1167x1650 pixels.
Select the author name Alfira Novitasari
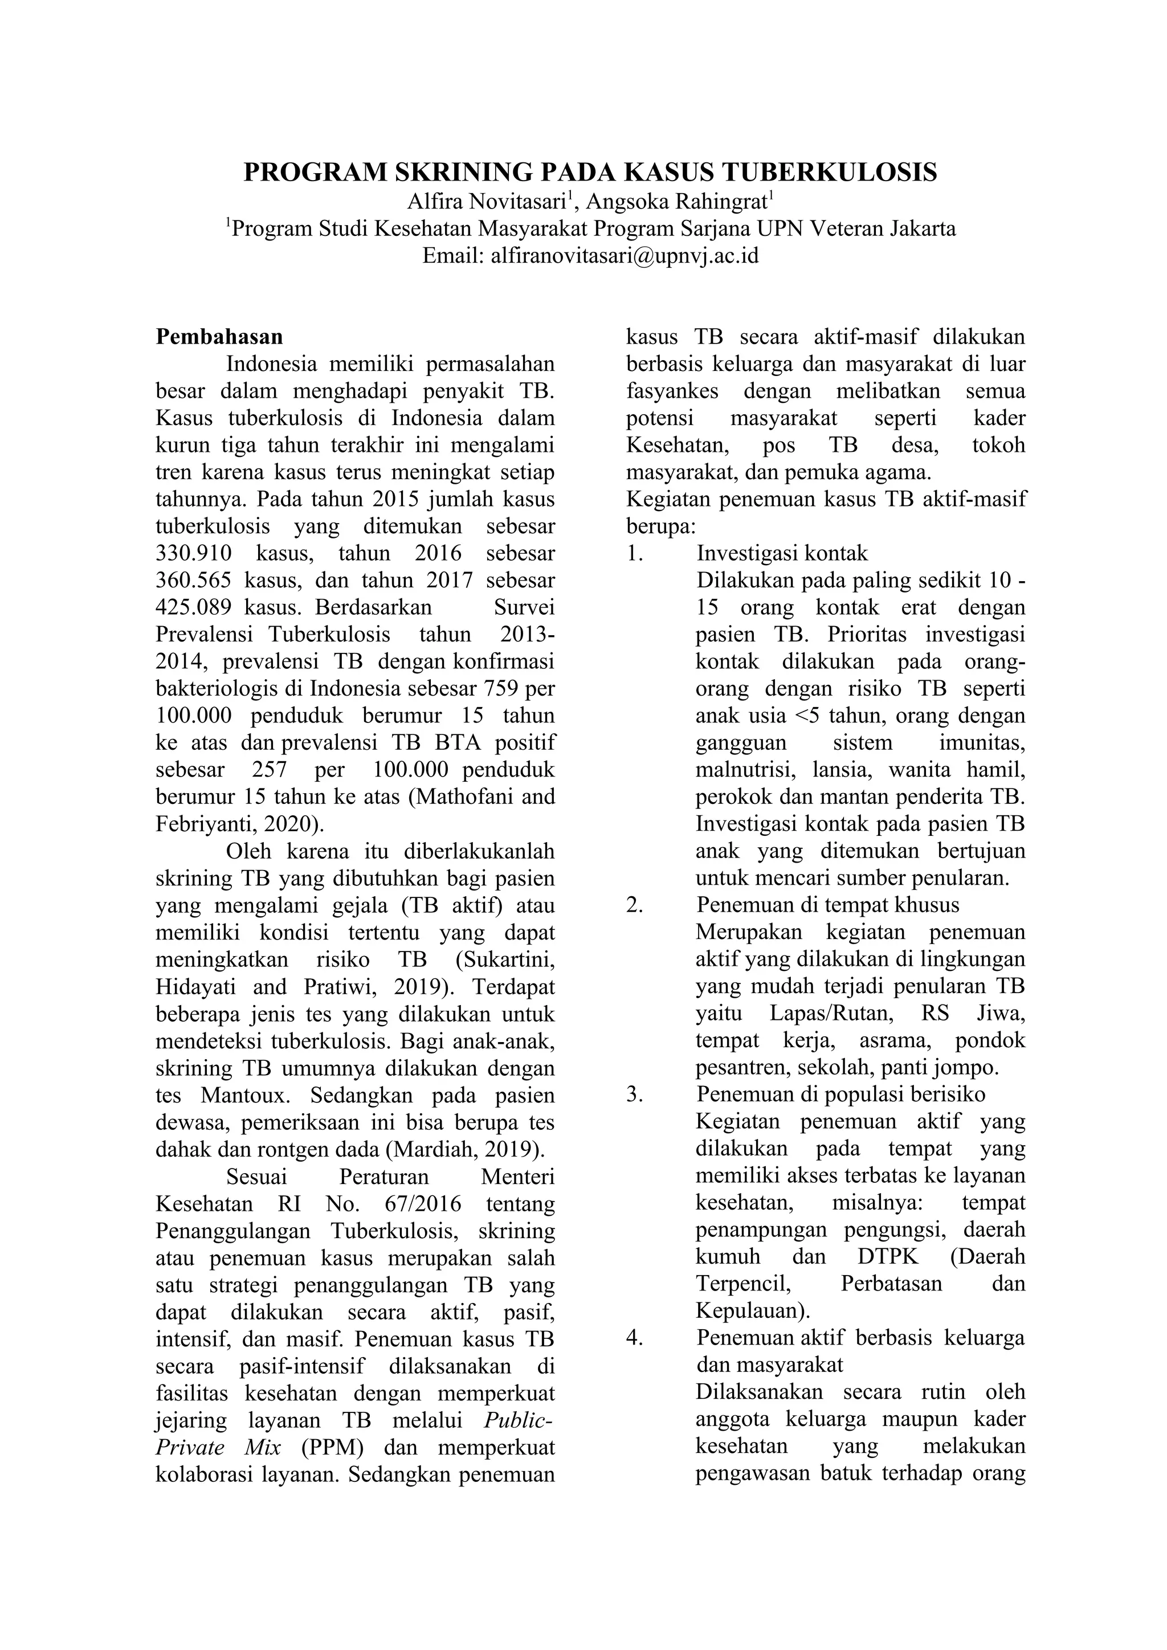[489, 201]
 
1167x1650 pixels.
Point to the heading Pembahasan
[219, 337]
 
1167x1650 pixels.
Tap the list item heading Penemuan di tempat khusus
[827, 905]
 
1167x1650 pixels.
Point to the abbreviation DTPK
[892, 1257]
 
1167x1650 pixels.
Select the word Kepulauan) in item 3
[752, 1312]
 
